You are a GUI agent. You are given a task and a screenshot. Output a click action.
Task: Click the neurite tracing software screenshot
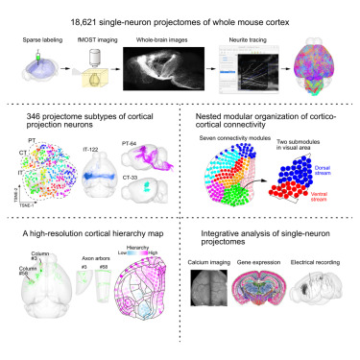pos(252,74)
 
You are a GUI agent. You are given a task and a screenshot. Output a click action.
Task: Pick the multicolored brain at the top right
pos(322,73)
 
